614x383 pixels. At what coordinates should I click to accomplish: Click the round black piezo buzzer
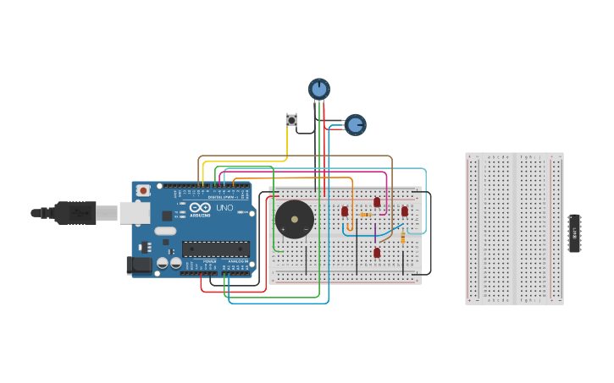coord(294,220)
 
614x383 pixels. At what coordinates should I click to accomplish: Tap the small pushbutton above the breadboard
coord(291,120)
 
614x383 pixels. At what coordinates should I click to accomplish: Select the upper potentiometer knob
coord(318,89)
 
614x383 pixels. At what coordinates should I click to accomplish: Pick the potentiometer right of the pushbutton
coord(355,125)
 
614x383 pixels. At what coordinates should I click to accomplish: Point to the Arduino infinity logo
coord(201,208)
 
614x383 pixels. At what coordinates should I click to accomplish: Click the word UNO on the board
coord(224,208)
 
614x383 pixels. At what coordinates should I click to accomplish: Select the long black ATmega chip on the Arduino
coord(216,249)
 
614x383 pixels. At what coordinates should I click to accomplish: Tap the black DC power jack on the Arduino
coord(140,265)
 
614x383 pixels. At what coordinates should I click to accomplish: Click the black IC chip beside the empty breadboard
coord(574,233)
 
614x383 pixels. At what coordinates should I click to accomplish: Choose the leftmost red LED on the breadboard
coord(345,211)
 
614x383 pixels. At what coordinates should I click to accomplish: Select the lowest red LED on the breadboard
coord(377,252)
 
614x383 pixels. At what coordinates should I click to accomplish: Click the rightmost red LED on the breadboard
coord(404,211)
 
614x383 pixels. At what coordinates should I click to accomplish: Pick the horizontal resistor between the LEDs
coord(366,215)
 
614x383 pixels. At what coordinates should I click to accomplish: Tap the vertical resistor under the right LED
coord(402,238)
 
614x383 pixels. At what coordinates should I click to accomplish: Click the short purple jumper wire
coord(375,233)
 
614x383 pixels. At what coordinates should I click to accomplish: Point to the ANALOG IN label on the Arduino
coord(238,262)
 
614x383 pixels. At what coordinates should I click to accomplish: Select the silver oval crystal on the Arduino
coord(165,231)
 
